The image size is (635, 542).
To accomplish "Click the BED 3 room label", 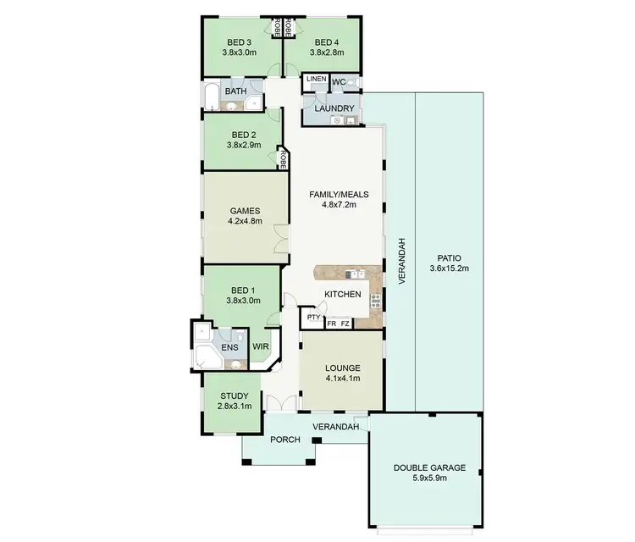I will pos(240,42).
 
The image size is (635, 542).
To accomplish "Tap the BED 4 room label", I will pos(327,42).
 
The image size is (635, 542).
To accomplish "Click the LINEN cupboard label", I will pos(316,80).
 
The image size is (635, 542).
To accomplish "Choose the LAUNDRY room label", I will pos(334,108).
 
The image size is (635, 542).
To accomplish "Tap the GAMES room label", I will pos(245,211).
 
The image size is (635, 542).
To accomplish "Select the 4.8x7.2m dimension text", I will pos(338,204).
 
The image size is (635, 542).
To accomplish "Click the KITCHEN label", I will pos(343,295).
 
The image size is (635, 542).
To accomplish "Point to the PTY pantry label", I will pos(313,318).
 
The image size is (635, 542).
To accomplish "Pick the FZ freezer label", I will pos(345,324).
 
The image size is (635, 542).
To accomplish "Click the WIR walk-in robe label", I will pos(261,346).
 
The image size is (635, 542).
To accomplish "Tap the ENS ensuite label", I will pos(229,347).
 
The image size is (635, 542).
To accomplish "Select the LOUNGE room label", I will pos(342,368).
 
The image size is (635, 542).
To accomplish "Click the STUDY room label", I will pos(234,395).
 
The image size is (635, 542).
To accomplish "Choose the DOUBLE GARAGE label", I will pos(428,468).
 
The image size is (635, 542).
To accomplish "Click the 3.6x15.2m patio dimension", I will pos(449,268).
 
